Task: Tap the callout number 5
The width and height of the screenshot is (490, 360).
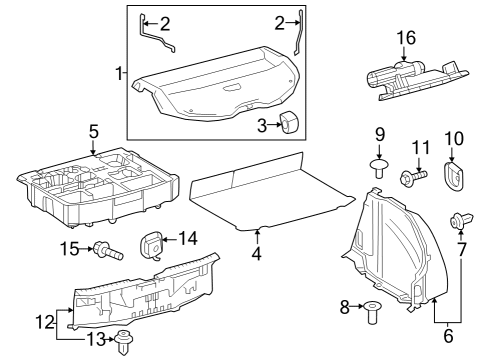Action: click(93, 130)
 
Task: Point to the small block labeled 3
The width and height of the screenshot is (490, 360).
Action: click(291, 121)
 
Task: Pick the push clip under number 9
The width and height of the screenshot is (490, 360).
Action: click(379, 167)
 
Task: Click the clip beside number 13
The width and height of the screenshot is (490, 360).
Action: click(125, 344)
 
